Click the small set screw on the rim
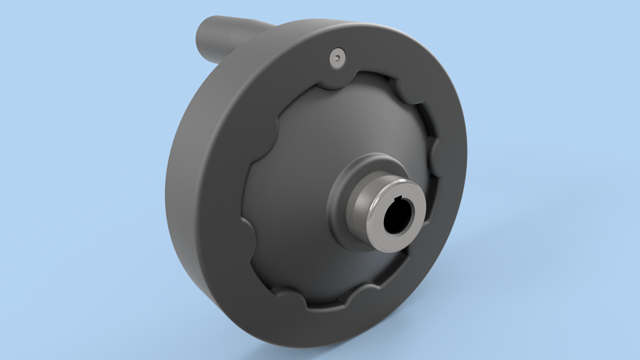(x=338, y=59)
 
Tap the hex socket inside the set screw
(x=338, y=60)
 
